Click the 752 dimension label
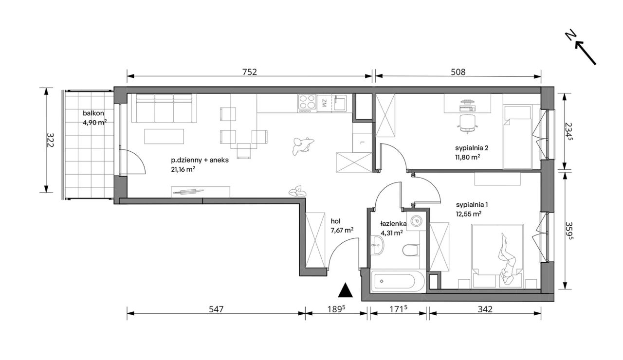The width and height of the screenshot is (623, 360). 250,72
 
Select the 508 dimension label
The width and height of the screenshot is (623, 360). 458,72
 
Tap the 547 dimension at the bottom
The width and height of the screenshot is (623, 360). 216,309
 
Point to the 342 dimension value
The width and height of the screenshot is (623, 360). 485,309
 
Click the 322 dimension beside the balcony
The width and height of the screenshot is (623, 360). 50,140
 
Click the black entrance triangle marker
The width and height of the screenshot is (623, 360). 346,290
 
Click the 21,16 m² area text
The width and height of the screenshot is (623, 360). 183,169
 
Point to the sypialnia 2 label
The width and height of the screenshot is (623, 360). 472,148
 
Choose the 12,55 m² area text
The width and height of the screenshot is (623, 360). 469,214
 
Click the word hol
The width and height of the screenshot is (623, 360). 335,221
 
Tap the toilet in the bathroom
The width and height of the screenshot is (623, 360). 410,250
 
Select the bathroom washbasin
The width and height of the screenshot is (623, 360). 377,245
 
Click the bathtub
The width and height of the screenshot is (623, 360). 398,281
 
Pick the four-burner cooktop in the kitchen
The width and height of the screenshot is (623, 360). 307,104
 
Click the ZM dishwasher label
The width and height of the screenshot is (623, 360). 324,104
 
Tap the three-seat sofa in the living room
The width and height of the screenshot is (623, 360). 164,108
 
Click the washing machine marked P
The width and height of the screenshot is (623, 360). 416,221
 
